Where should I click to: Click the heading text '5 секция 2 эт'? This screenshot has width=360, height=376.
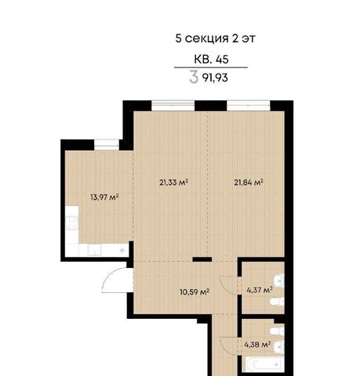point(215,38)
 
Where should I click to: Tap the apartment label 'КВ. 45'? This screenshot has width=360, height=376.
point(211,59)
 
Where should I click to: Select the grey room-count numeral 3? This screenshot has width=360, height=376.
point(194,78)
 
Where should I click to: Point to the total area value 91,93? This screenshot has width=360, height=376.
point(215,78)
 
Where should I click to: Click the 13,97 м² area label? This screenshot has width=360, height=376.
point(104,197)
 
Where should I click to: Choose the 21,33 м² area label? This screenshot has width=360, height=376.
point(174,182)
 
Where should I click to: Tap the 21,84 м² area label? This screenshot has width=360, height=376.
point(249,182)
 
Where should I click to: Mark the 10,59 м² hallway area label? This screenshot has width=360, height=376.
point(195,291)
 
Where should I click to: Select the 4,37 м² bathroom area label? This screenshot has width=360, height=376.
point(260,289)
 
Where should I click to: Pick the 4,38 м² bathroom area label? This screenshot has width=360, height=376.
point(257,345)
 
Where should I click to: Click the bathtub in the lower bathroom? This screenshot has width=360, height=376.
point(264,364)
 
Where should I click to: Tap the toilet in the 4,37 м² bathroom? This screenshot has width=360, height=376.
point(277,302)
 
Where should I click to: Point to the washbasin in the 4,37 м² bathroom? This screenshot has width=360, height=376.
point(279,280)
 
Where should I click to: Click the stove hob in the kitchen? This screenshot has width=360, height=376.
point(71,222)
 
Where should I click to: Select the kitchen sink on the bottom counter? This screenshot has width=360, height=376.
point(94,250)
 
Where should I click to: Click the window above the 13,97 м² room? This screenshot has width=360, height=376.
point(107,143)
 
